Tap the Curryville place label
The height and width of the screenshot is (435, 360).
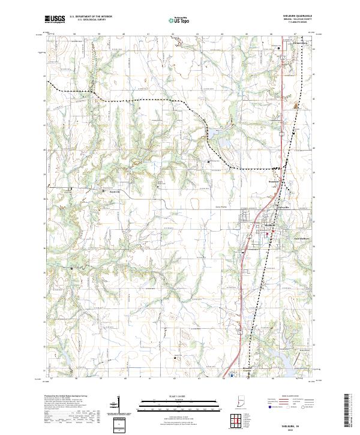click(x=282, y=208)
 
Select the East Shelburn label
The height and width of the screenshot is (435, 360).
click(x=298, y=238)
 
